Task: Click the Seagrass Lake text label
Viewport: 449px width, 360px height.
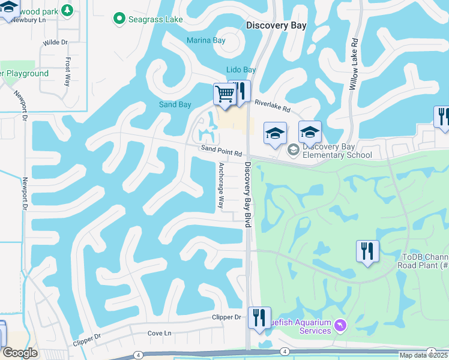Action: [155, 20]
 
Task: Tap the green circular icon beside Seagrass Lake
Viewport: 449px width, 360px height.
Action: [119, 20]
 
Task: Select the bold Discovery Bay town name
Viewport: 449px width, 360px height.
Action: [276, 25]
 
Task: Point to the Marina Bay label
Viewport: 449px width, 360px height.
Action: [205, 40]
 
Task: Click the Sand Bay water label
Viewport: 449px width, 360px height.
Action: [175, 104]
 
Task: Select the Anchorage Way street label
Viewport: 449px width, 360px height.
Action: [221, 185]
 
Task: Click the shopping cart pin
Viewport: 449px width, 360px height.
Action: [224, 94]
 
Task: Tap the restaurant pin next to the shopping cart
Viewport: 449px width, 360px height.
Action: [240, 91]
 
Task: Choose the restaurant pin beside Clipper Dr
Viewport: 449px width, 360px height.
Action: [259, 317]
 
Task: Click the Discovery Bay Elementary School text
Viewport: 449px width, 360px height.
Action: [333, 151]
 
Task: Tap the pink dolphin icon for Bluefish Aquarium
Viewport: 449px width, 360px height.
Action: [340, 325]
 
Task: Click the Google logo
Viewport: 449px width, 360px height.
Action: [20, 352]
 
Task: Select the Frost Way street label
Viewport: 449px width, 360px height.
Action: [68, 71]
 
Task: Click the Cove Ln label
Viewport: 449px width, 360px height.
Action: [160, 333]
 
